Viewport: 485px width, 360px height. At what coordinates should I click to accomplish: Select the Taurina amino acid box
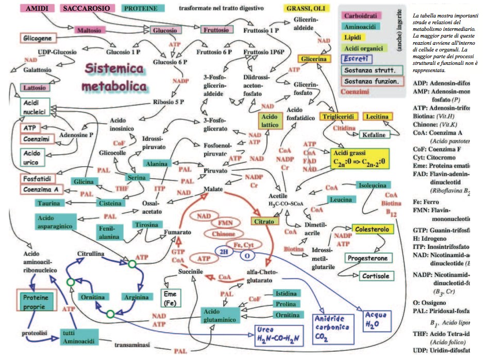pos(51,203)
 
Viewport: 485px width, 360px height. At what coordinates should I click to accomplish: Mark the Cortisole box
pos(375,276)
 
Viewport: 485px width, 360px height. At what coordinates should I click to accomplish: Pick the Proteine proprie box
pos(37,301)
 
